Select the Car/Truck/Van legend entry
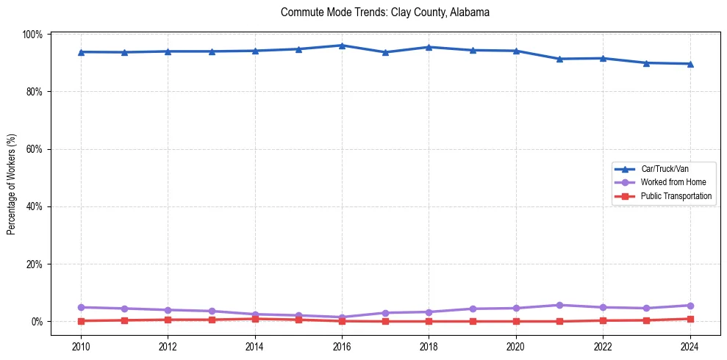click(665, 169)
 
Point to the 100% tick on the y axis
click(34, 35)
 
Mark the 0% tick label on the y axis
click(37, 322)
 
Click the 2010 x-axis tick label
click(81, 346)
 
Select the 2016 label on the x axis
click(343, 346)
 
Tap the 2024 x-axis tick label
click(690, 346)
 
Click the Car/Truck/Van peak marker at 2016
click(343, 46)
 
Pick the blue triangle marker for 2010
click(81, 52)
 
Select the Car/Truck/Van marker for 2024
click(690, 64)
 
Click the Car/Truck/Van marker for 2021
click(559, 59)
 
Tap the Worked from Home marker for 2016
click(343, 317)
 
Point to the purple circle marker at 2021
click(559, 305)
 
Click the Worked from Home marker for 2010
click(81, 307)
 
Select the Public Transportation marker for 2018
click(429, 321)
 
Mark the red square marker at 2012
click(168, 320)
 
